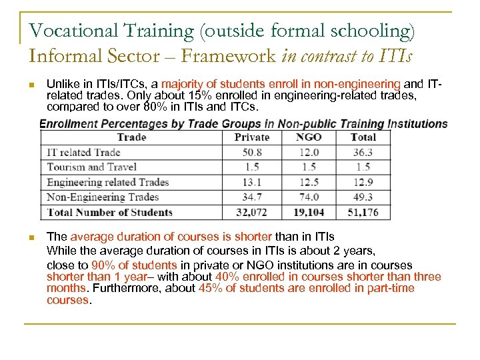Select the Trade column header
point(131,137)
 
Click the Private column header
point(253,137)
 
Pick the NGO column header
point(309,137)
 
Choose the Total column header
point(363,137)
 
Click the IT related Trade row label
point(83,152)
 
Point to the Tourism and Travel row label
point(91,167)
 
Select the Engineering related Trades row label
point(107,182)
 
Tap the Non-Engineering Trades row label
point(103,197)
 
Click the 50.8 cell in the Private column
point(253,152)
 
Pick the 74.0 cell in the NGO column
point(309,197)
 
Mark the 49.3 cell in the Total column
point(363,197)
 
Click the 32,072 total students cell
point(253,212)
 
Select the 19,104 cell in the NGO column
point(309,212)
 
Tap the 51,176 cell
point(363,212)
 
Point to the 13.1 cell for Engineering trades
point(253,182)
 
